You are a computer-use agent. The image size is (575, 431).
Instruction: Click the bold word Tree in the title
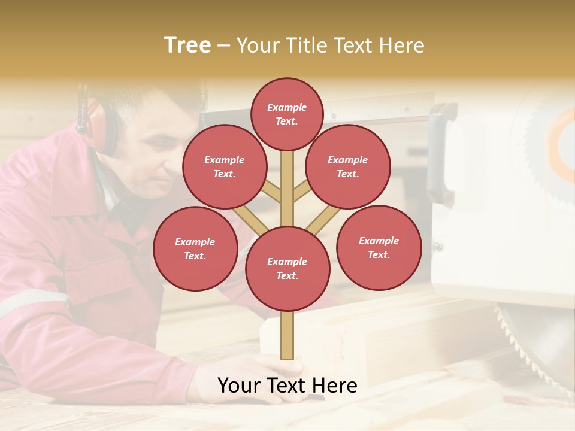pyautogui.click(x=187, y=45)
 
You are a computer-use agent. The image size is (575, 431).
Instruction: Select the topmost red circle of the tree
pyautogui.click(x=287, y=114)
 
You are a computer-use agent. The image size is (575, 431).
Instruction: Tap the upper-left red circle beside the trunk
pyautogui.click(x=225, y=166)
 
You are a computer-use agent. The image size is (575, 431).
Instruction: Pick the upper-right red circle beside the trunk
pyautogui.click(x=348, y=166)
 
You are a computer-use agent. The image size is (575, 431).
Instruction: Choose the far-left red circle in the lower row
pyautogui.click(x=195, y=248)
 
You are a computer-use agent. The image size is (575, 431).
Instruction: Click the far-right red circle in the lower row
pyautogui.click(x=379, y=247)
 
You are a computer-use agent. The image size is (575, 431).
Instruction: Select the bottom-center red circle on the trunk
pyautogui.click(x=287, y=268)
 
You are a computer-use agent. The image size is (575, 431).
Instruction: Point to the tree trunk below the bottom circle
pyautogui.click(x=287, y=335)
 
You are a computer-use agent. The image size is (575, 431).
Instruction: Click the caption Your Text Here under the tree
pyautogui.click(x=287, y=386)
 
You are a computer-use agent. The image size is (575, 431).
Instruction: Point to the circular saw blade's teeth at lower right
pyautogui.click(x=527, y=341)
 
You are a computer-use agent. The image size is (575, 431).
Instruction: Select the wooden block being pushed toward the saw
pyautogui.click(x=359, y=335)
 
